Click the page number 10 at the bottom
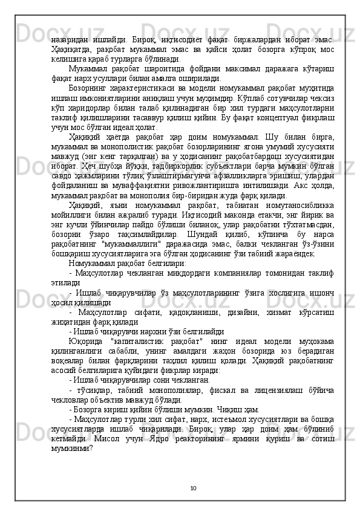click(x=192, y=488)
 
